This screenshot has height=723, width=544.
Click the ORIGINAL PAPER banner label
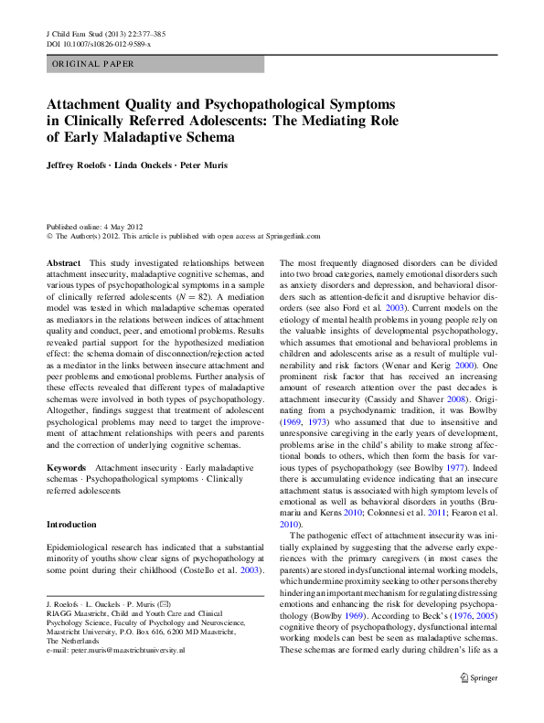[92, 64]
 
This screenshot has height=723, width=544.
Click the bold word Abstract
[63, 262]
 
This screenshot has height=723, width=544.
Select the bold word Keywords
[66, 467]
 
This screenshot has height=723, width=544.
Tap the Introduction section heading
[70, 525]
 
